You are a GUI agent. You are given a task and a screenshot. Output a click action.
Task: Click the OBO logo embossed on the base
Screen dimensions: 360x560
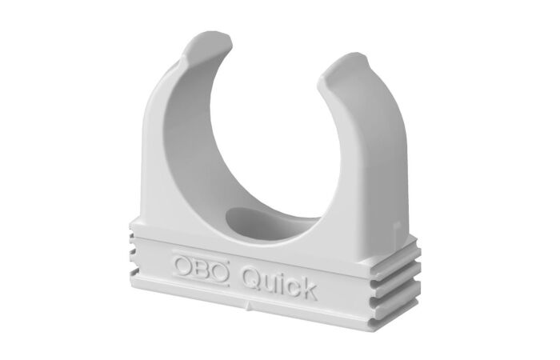(x=200, y=267)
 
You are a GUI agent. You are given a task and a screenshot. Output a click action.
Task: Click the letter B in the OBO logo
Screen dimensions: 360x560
(x=200, y=267)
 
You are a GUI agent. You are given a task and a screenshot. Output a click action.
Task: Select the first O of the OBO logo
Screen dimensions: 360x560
(x=181, y=263)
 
